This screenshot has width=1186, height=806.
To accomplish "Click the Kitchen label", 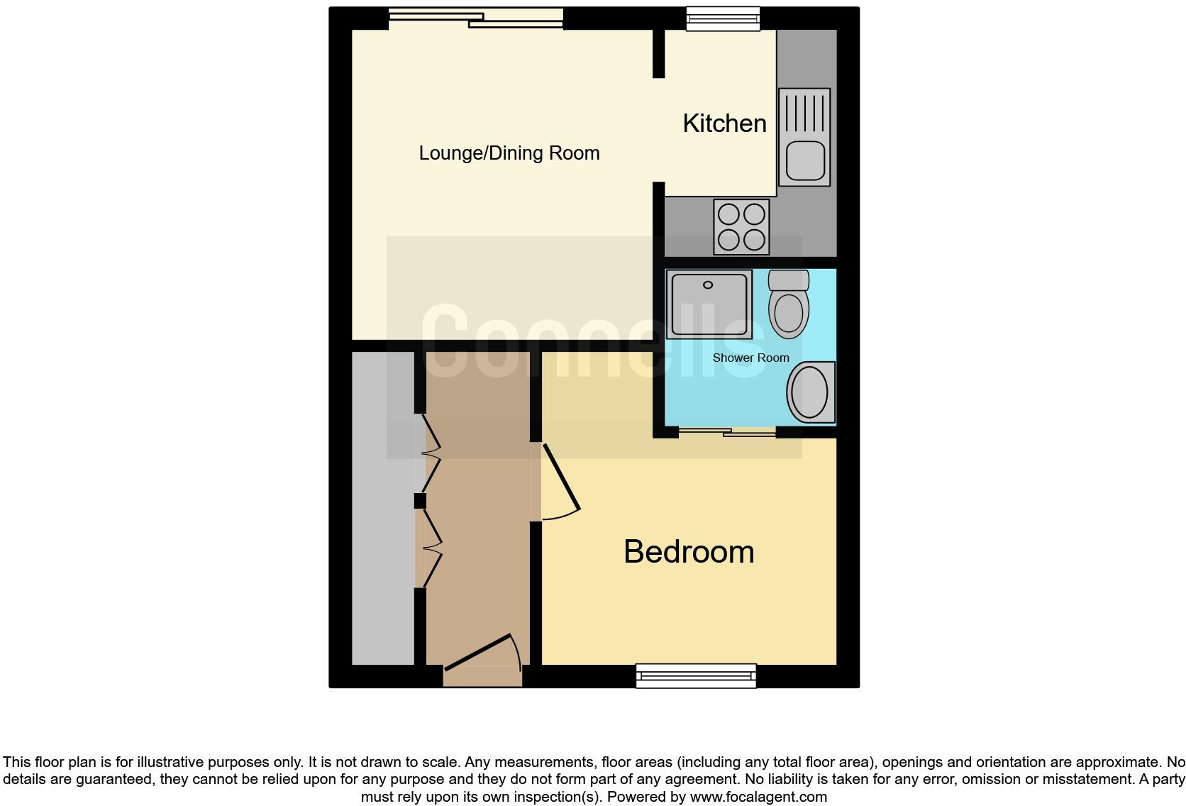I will click(724, 123).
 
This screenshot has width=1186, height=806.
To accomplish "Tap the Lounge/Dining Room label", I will click(509, 153).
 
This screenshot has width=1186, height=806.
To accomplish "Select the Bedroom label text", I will click(688, 552).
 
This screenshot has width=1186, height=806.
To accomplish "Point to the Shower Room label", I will click(750, 358).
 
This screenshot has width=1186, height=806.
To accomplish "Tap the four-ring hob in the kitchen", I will click(741, 226).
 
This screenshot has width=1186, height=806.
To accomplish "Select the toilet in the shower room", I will click(788, 306).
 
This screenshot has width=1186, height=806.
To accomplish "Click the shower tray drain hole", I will click(707, 285).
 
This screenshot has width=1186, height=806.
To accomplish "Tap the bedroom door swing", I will click(560, 482).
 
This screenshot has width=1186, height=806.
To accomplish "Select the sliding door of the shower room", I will click(727, 431).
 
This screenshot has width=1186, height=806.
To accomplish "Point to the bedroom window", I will click(696, 675).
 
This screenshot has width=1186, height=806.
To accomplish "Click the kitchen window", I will click(722, 18).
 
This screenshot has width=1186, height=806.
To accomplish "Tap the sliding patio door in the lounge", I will click(476, 18).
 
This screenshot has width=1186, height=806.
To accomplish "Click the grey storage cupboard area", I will click(383, 508).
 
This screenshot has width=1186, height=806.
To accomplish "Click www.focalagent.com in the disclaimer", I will click(758, 797).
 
